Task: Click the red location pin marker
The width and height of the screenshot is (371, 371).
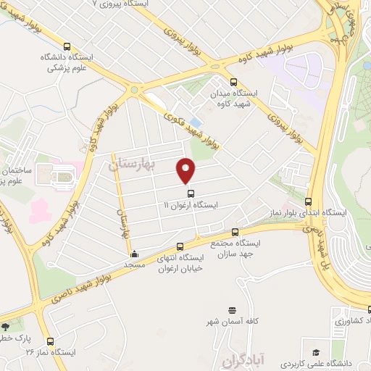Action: (x=186, y=170)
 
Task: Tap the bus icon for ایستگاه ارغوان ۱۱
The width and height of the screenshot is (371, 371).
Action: (x=191, y=193)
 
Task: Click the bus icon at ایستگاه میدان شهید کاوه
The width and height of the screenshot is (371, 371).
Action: (x=233, y=82)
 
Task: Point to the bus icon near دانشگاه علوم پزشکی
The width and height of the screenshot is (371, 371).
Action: (x=67, y=45)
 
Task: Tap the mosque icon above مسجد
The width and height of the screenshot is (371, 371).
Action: (x=134, y=254)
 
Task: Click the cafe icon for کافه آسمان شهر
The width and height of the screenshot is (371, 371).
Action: (x=232, y=309)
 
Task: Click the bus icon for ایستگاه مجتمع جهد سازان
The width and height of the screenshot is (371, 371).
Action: (x=235, y=233)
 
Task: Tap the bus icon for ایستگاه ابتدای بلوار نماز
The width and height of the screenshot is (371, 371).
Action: (x=309, y=202)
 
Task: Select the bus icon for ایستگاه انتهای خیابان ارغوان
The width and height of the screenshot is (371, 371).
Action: (x=180, y=246)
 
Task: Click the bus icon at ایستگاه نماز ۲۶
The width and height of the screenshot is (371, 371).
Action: (x=50, y=341)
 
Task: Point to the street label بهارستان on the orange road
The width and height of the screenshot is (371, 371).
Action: (x=123, y=218)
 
